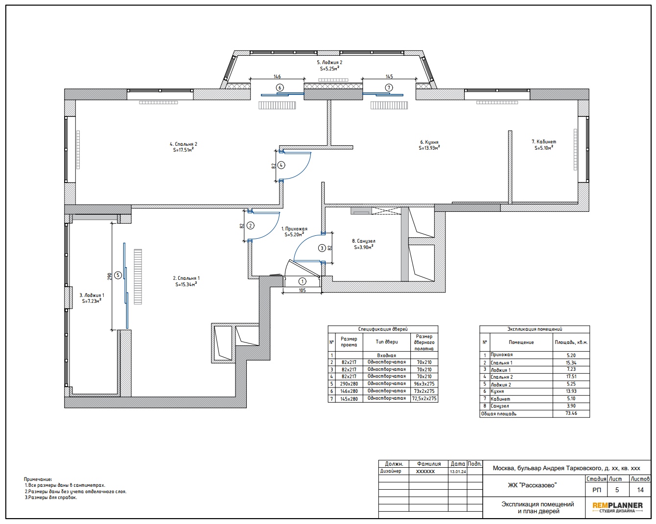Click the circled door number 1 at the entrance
coord(302,281)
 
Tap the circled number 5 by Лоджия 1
coord(117,275)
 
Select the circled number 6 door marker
coord(280,88)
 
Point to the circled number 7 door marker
coord(388,88)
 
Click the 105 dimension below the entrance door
coord(302,290)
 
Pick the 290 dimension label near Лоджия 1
coord(110,276)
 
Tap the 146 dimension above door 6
coord(277,76)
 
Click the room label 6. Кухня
coord(429,142)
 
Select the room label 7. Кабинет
coord(544,142)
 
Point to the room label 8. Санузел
coord(363,241)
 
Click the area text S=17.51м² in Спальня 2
coord(183,150)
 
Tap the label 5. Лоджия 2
coord(329,63)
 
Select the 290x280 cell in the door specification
coord(349,384)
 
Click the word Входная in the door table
coord(386,355)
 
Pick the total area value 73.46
coord(571,413)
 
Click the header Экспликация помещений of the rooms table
coord(535,329)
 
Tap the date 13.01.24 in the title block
coord(458,471)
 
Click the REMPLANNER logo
coord(617,507)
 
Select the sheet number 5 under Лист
coord(617,490)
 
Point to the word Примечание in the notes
coord(38,479)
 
